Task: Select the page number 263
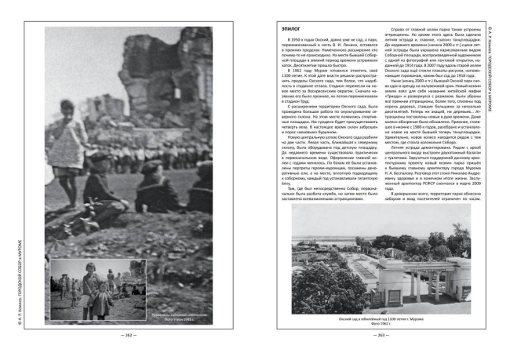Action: pos(380,336)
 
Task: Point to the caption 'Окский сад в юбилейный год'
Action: pos(380,319)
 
